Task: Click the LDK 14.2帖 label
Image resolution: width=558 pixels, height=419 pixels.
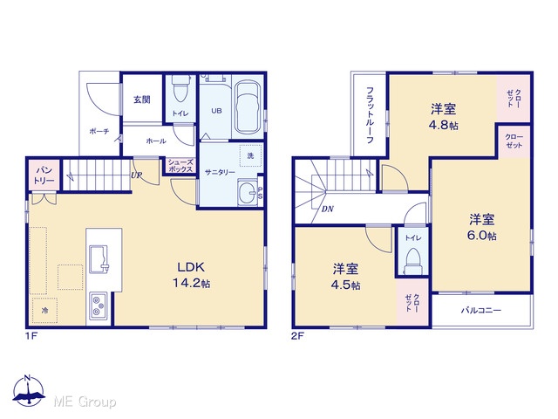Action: pyautogui.click(x=191, y=275)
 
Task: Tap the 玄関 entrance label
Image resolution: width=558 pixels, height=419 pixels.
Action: pyautogui.click(x=142, y=100)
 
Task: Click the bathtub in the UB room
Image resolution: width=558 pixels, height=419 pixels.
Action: pyautogui.click(x=248, y=106)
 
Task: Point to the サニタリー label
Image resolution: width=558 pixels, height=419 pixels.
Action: pyautogui.click(x=220, y=173)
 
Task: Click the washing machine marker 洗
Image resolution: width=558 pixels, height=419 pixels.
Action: pyautogui.click(x=250, y=155)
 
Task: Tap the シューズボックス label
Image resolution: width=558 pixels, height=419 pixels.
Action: pyautogui.click(x=180, y=166)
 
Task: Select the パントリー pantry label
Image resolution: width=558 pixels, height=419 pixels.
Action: pyautogui.click(x=44, y=175)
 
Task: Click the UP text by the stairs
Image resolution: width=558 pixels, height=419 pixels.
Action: pyautogui.click(x=137, y=175)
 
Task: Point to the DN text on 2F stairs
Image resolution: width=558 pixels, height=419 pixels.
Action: pyautogui.click(x=328, y=209)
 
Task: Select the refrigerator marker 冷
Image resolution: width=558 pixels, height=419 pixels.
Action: pyautogui.click(x=44, y=311)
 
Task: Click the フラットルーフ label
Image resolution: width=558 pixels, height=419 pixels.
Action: pyautogui.click(x=370, y=114)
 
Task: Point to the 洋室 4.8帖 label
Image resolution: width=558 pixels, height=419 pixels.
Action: pyautogui.click(x=444, y=116)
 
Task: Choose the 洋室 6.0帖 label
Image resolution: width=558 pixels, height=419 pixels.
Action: pyautogui.click(x=482, y=227)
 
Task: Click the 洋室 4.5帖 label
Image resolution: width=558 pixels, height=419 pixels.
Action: pyautogui.click(x=345, y=276)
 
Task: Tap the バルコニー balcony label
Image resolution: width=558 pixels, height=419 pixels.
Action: pyautogui.click(x=481, y=311)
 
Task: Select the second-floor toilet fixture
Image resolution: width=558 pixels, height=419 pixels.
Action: pyautogui.click(x=413, y=261)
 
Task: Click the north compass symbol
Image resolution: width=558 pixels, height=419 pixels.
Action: pyautogui.click(x=29, y=390)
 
